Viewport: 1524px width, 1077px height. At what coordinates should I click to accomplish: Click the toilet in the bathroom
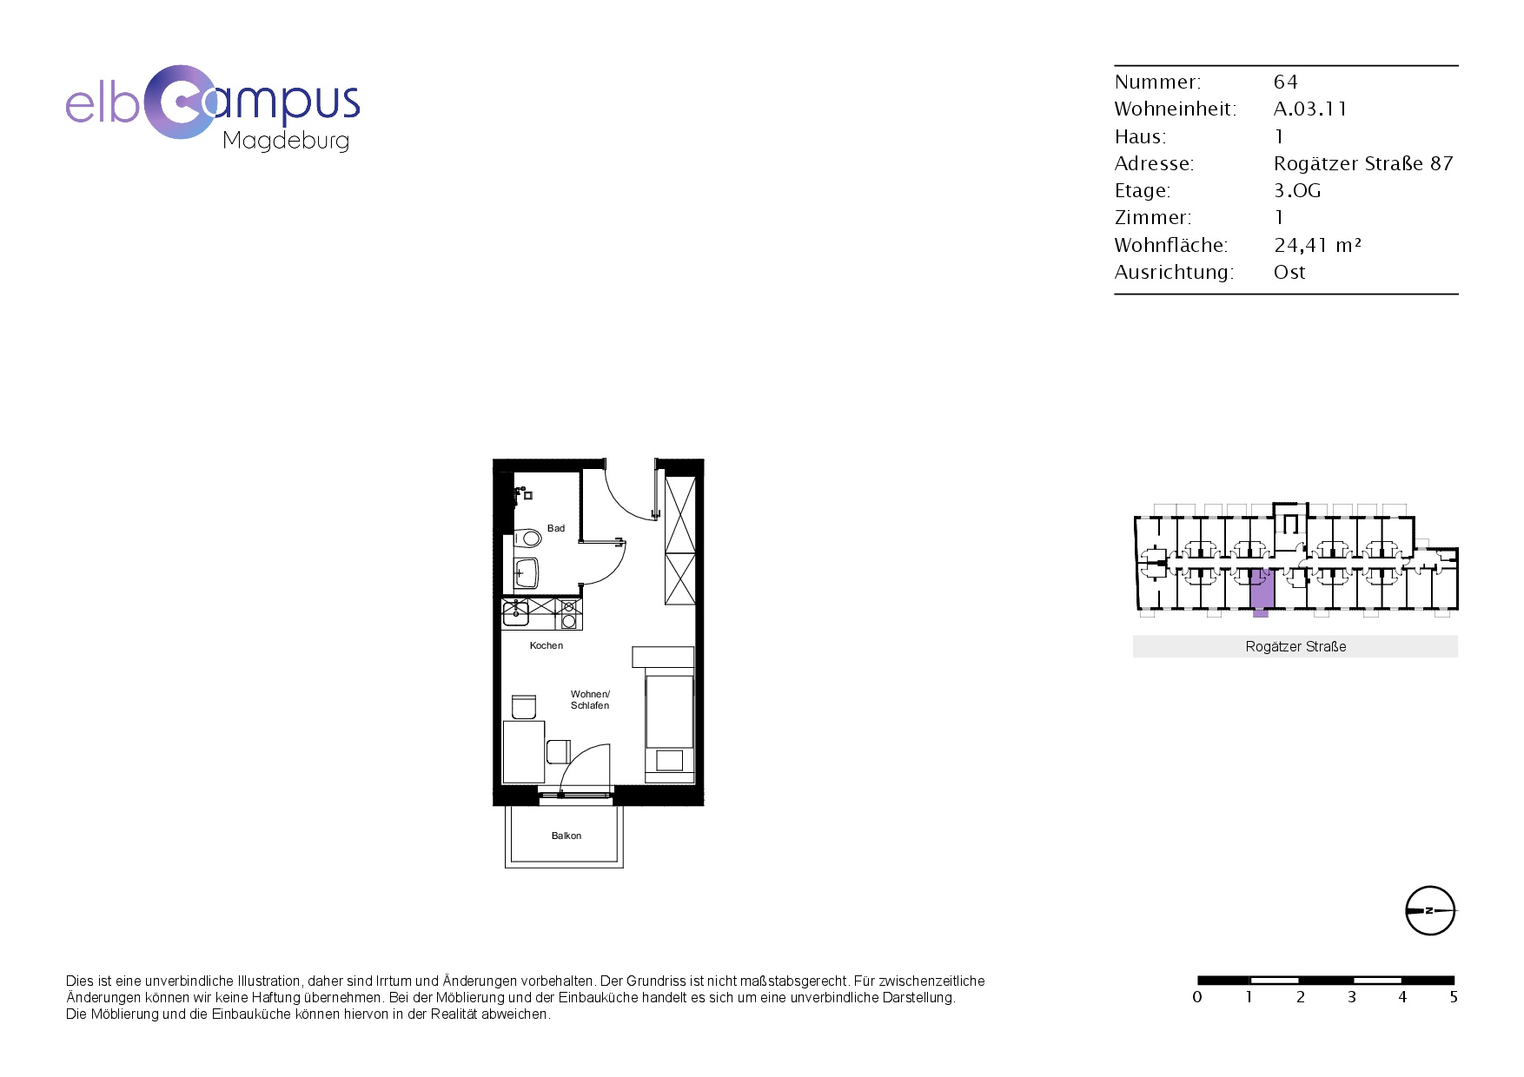[x=527, y=538]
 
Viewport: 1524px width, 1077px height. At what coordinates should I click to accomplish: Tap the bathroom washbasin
[x=526, y=573]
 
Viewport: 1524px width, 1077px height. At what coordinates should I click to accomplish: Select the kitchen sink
[x=515, y=612]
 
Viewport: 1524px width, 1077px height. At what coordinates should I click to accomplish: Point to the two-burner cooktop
[x=568, y=614]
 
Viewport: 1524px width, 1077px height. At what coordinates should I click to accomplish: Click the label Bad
[x=556, y=528]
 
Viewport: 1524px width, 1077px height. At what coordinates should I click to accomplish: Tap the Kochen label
[x=547, y=645]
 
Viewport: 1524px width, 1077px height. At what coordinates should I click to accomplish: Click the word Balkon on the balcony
[x=567, y=836]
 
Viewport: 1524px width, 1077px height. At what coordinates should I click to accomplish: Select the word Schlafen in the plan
[x=590, y=705]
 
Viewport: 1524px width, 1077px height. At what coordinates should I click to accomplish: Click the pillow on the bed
[x=670, y=760]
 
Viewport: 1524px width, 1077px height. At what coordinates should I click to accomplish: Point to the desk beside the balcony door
[x=524, y=751]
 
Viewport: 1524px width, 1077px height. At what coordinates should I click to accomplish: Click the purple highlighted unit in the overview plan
[x=1262, y=590]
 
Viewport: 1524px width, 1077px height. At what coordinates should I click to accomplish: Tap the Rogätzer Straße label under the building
[x=1295, y=646]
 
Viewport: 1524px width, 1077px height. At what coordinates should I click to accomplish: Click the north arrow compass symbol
[x=1430, y=910]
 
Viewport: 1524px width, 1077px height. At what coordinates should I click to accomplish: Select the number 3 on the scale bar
[x=1352, y=997]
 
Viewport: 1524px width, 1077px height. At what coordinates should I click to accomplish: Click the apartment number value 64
[x=1286, y=82]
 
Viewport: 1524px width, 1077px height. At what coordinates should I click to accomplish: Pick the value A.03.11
[x=1310, y=109]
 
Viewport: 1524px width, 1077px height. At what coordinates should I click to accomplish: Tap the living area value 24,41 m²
[x=1318, y=245]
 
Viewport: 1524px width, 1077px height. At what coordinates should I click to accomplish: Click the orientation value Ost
[x=1289, y=272]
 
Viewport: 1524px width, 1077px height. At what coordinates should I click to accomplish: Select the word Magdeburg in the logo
[x=286, y=141]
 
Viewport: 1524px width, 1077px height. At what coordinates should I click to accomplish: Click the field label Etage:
[x=1143, y=191]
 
